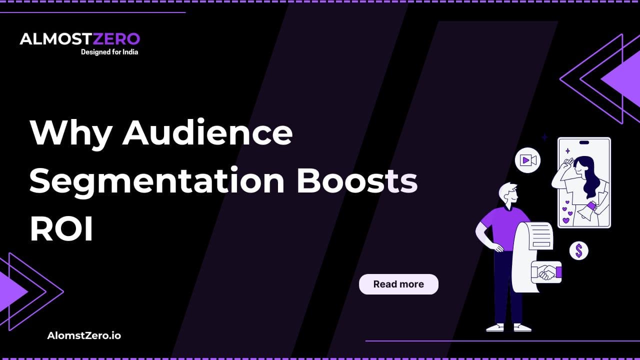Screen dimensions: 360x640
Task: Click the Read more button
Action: tap(398, 284)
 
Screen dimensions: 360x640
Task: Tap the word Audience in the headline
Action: tap(207, 132)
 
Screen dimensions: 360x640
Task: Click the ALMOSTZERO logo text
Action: tap(79, 39)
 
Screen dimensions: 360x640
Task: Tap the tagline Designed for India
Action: tap(109, 52)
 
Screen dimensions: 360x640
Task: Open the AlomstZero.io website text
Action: tap(84, 335)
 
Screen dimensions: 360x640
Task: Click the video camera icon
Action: tap(527, 160)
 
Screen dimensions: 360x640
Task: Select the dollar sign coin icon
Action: tap(578, 250)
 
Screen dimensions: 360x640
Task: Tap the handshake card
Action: tap(546, 272)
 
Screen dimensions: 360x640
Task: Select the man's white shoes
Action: tap(507, 327)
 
